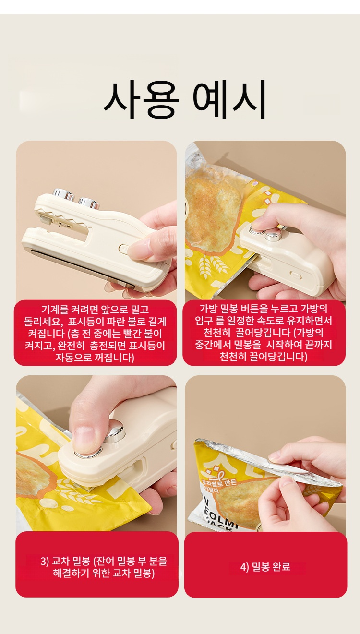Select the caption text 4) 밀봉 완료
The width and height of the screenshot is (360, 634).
click(x=265, y=567)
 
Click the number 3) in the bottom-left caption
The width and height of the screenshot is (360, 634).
click(x=45, y=561)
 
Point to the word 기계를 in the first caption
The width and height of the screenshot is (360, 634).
click(x=56, y=310)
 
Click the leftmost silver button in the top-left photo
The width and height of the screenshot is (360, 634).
click(x=63, y=194)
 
